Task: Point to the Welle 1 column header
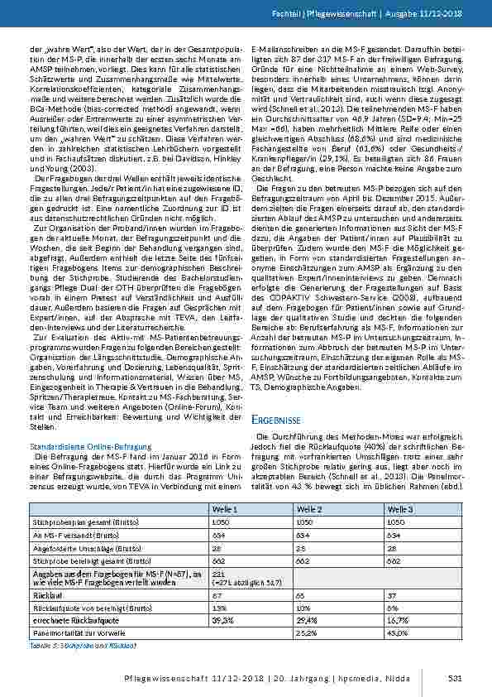pyautogui.click(x=224, y=509)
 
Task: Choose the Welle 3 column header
pyautogui.click(x=399, y=509)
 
